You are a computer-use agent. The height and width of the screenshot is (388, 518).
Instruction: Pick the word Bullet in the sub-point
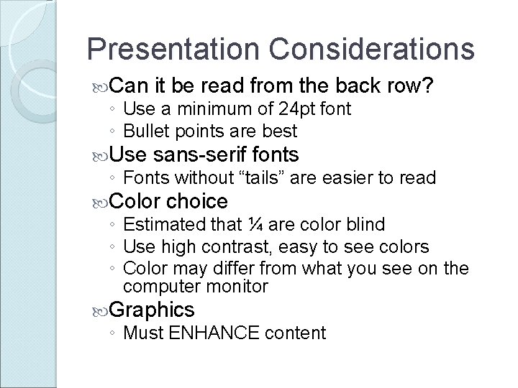click(147, 131)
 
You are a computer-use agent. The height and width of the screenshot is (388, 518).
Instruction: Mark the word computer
click(158, 286)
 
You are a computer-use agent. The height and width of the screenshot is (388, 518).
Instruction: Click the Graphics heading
click(153, 310)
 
